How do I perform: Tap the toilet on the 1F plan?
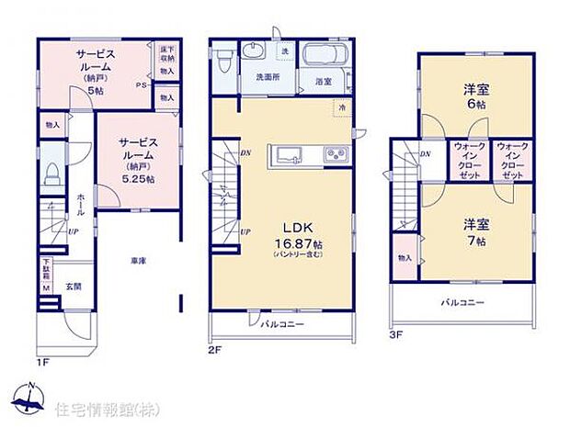(53, 172)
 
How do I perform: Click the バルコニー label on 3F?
(462, 301)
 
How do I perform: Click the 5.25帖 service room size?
(139, 178)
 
